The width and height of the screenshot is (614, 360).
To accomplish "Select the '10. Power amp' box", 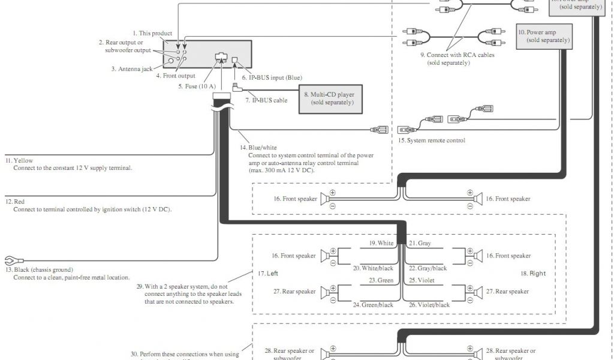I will (544, 36).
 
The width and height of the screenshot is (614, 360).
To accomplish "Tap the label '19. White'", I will (381, 243).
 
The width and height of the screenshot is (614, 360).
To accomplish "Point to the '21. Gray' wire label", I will (419, 243).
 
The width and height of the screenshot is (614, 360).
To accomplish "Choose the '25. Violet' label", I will (421, 280).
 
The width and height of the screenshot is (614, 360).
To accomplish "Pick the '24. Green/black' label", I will (373, 305).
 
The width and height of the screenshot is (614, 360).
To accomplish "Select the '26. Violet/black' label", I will (429, 305).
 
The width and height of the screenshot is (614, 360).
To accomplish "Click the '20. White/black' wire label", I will (373, 268).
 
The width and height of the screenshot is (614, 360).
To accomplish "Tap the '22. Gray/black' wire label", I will (428, 268).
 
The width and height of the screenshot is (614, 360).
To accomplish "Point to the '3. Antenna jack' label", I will (131, 69).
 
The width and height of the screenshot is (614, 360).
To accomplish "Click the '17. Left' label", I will (268, 274).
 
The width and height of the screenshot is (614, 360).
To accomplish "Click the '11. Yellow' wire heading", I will (19, 160).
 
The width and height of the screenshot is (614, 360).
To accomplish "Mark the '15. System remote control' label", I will (432, 140).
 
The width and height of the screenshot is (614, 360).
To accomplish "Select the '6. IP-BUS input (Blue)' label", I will (272, 78).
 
